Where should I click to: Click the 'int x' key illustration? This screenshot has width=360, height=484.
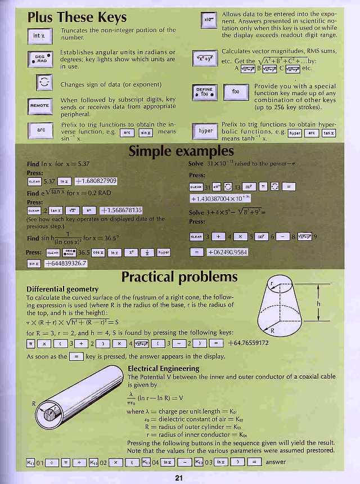pos(39,35)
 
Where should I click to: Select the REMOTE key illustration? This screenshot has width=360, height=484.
pos(39,106)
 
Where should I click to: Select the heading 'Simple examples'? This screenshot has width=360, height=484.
pos(181,151)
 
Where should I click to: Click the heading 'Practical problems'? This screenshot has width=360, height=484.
pos(179,276)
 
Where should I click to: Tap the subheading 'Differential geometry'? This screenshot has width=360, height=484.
pos(62,289)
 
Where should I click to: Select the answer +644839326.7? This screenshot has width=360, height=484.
pos(65,263)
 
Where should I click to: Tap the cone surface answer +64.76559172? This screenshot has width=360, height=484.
pos(248,343)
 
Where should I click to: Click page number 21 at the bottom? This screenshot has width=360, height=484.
pos(179,478)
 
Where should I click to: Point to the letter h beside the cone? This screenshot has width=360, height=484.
pos(319,304)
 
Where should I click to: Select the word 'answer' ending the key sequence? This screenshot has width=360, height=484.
pos(275,462)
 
